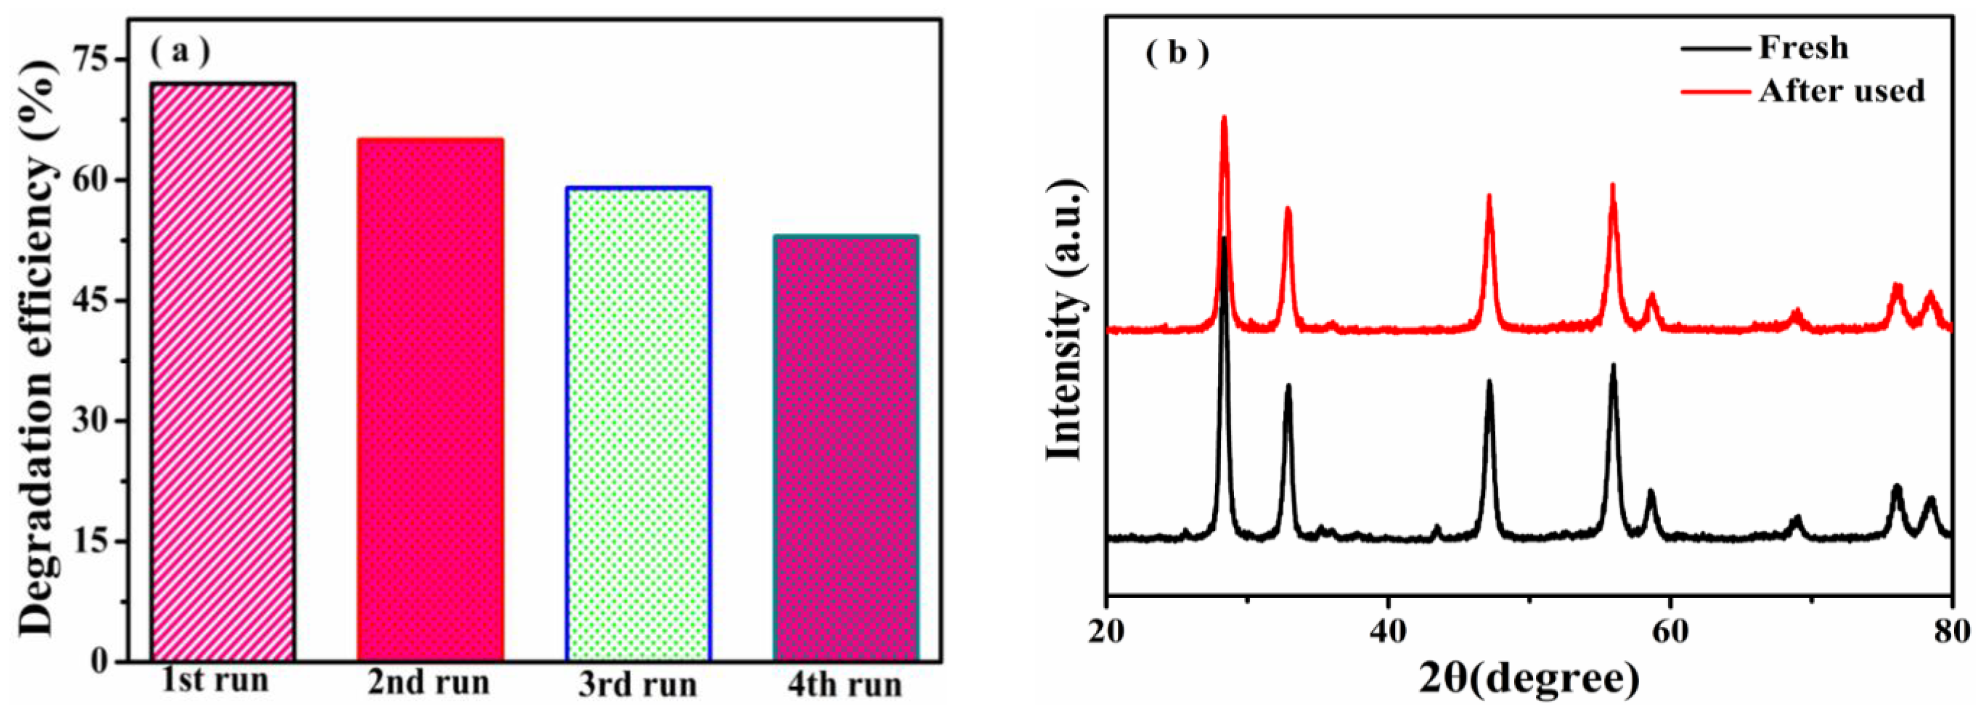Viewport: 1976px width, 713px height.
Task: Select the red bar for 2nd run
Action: click(x=429, y=399)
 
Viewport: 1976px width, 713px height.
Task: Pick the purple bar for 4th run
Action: click(x=845, y=448)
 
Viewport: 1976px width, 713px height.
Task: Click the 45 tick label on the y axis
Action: click(x=92, y=301)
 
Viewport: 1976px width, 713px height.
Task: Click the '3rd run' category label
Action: click(x=638, y=685)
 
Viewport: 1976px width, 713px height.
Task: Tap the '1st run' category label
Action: click(x=215, y=680)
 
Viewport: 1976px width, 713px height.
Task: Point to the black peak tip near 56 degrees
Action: click(x=1613, y=365)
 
